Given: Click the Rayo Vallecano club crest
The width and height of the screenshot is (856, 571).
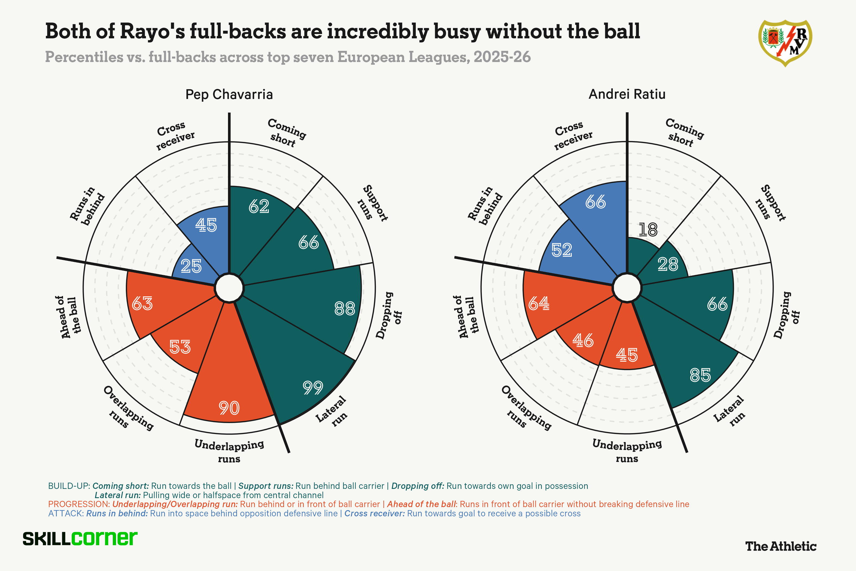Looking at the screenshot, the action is [785, 43].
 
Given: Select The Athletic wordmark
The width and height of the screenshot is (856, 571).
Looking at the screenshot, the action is [781, 546].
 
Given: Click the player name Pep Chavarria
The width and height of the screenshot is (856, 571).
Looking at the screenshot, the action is [229, 95].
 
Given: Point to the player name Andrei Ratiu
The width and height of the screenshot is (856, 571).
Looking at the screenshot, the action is [627, 94].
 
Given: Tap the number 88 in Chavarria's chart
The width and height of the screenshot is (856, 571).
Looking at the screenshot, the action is [345, 309].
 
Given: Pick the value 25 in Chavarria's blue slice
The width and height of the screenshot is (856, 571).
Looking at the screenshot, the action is [191, 266].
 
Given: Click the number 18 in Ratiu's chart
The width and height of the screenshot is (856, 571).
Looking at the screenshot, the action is [648, 230].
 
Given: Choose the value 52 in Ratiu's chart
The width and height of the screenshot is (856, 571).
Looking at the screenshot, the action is [562, 250].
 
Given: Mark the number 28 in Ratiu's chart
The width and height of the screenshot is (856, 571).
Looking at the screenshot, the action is [668, 264].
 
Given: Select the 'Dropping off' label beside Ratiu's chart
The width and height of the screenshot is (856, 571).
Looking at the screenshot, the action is [786, 315].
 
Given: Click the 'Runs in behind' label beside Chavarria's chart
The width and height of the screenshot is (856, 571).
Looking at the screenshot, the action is [87, 206].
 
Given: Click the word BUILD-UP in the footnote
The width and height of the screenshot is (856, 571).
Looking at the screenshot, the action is [69, 486].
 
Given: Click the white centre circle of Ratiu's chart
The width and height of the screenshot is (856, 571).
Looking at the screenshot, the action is [627, 288].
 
